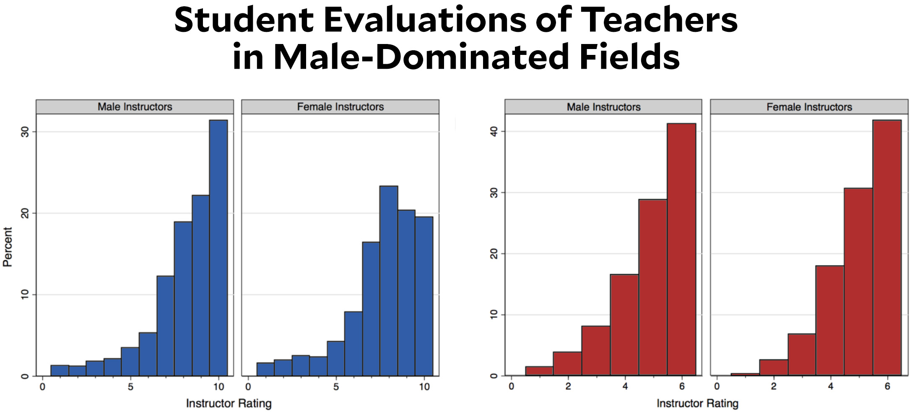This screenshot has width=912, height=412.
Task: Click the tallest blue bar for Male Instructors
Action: point(218,247)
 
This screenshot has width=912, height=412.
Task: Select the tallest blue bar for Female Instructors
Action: point(388,281)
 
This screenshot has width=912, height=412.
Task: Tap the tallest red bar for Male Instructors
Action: point(681,249)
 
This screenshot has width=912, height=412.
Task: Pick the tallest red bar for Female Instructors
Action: point(887,247)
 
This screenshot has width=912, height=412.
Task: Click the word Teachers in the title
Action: point(659,20)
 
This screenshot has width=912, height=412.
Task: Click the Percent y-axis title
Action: point(8,247)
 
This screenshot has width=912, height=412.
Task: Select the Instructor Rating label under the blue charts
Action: point(229,403)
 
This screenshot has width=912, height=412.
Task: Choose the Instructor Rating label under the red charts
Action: point(697,403)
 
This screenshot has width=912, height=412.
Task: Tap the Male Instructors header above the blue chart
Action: point(135,107)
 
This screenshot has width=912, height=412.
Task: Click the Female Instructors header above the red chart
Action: point(809,107)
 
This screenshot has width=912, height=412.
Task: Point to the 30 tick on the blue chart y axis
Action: point(25,132)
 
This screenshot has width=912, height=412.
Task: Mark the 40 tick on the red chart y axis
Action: point(494,132)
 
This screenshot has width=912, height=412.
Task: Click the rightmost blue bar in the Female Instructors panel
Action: point(424,295)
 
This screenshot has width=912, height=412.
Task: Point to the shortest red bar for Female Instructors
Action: point(745,374)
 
